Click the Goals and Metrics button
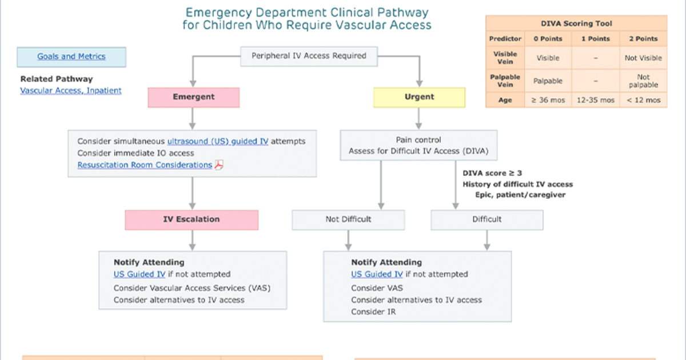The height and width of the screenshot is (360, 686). [x=71, y=57]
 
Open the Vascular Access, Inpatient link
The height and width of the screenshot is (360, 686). [x=71, y=90]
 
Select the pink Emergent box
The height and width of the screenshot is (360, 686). [x=193, y=97]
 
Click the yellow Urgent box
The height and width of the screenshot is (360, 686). [x=419, y=97]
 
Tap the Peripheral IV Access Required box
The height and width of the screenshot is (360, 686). [x=309, y=55]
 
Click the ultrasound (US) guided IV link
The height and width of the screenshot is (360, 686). [x=218, y=141]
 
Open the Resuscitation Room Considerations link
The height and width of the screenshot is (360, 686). [x=145, y=165]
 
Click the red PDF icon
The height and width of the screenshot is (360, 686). [x=219, y=165]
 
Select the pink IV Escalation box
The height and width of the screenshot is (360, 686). [x=192, y=219]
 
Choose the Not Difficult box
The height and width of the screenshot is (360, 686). [x=348, y=219]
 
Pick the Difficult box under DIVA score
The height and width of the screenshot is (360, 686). [x=486, y=219]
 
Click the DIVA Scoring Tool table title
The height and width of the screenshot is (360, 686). [x=576, y=23]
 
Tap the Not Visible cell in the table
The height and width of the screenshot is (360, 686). [x=643, y=58]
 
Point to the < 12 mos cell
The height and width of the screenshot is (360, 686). [x=643, y=100]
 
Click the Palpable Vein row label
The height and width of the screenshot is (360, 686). [x=505, y=81]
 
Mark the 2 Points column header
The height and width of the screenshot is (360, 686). [x=643, y=39]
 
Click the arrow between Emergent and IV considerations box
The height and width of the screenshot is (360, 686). [x=193, y=118]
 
